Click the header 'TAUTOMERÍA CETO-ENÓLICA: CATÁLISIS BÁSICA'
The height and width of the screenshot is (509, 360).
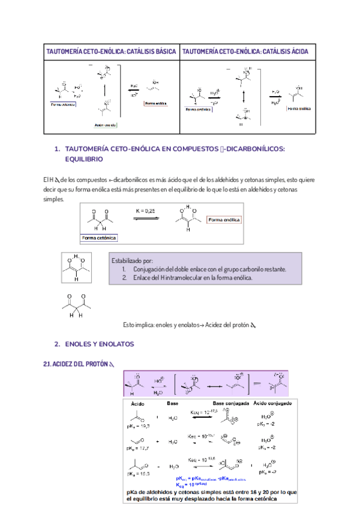111,52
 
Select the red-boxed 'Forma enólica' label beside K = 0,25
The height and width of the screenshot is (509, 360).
224,220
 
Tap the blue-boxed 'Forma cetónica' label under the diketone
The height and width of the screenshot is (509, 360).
99,238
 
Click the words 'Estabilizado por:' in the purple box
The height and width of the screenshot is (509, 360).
132,261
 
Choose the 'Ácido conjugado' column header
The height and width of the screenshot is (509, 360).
273,403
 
